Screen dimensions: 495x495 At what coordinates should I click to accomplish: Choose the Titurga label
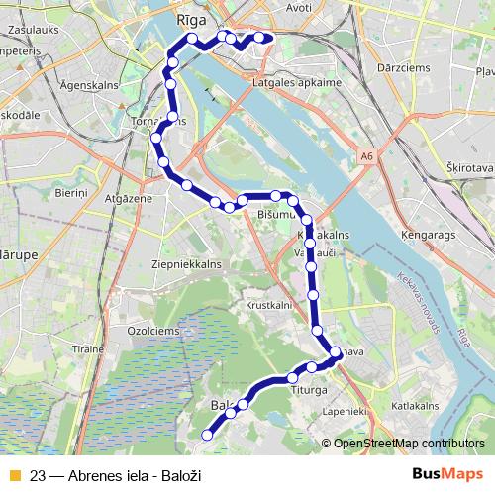pyautogui.click(x=308, y=390)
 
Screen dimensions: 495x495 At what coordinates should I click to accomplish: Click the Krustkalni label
pyautogui.click(x=267, y=306)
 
